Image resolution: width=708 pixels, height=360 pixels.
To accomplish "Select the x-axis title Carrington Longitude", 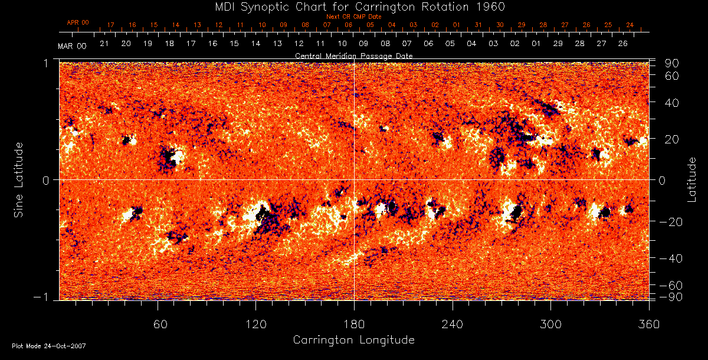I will pos(353,340).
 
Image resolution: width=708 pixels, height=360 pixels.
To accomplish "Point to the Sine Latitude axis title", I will pos(19,179).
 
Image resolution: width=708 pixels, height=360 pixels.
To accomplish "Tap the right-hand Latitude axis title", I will pos(691,179).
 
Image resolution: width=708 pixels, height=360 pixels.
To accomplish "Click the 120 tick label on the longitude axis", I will pos(255,323).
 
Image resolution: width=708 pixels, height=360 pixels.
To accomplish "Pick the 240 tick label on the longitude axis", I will pos(452,323).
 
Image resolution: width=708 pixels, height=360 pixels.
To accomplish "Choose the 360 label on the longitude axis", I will pos(648,323).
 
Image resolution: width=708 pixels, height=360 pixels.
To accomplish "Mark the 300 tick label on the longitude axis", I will pos(550,323).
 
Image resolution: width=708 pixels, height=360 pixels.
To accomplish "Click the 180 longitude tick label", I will pos(353,323).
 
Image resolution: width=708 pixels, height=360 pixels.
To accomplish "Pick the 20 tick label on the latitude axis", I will pos(673,139).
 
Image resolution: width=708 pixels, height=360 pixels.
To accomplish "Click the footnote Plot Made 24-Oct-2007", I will pos(49,346).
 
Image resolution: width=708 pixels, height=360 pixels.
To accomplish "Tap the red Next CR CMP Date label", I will pos(353,17).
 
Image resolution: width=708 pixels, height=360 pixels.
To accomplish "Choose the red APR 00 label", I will pos(77,22).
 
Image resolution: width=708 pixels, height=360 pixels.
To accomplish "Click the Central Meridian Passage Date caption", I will pos(353,55).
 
